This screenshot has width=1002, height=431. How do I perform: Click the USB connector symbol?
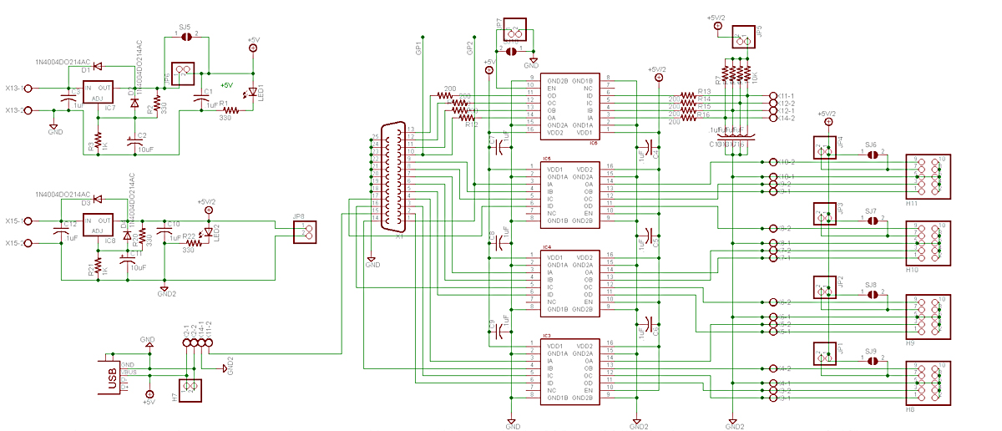(x=113, y=377)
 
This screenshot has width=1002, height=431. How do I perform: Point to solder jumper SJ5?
(x=188, y=36)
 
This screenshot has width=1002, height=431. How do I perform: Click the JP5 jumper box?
(x=744, y=38)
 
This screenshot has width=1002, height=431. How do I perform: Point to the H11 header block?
(x=928, y=175)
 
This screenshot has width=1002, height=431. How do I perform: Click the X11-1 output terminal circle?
(x=771, y=96)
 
